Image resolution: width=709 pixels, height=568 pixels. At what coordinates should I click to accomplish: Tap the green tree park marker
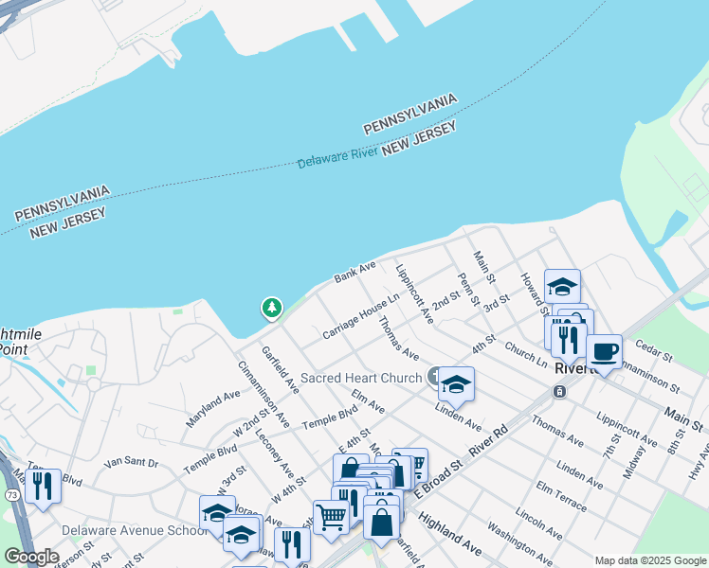pyautogui.click(x=272, y=308)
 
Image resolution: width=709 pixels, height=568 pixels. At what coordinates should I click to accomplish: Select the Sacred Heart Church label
pyautogui.click(x=360, y=378)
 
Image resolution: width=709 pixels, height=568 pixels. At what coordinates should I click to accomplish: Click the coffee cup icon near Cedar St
pyautogui.click(x=604, y=352)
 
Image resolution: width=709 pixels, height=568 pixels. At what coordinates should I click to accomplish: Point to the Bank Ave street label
pyautogui.click(x=354, y=274)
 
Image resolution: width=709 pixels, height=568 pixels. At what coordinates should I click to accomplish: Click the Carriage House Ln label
pyautogui.click(x=360, y=316)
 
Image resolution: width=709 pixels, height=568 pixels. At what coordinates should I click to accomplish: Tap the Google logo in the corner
pyautogui.click(x=31, y=557)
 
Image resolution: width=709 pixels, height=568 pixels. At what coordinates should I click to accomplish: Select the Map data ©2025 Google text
pyautogui.click(x=650, y=560)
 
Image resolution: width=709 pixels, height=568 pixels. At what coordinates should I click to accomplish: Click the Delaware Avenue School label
pyautogui.click(x=133, y=530)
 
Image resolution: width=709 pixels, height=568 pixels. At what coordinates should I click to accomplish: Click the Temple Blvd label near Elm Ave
pyautogui.click(x=329, y=417)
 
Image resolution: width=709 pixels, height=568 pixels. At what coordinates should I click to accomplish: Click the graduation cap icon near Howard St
pyautogui.click(x=562, y=285)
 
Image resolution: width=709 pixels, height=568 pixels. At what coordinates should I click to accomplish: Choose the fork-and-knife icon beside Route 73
pyautogui.click(x=43, y=486)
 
